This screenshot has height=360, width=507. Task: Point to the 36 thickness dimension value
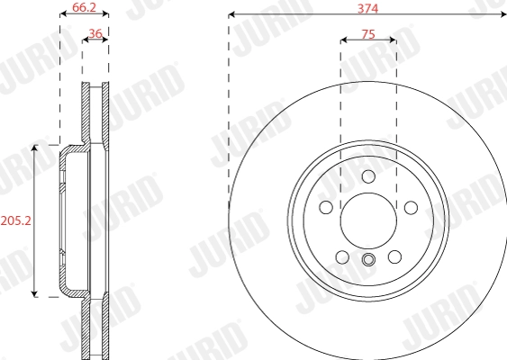tap(95, 33)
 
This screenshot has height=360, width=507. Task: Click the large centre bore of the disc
tap(367, 219)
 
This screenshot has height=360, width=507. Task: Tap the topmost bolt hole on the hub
tap(367, 176)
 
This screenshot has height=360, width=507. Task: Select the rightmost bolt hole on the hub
tap(411, 208)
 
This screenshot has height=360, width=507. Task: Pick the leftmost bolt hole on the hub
tap(325, 208)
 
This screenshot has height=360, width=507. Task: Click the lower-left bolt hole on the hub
tap(341, 257)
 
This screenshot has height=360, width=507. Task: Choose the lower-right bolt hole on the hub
tap(394, 257)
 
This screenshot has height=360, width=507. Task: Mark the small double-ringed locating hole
tap(367, 261)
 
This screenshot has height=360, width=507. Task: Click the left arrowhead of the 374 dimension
tap(232, 14)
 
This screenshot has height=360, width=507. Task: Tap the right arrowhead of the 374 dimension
tap(501, 14)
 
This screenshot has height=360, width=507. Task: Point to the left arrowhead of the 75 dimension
tap(344, 40)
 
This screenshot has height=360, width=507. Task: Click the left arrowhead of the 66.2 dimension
tap(62, 14)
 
